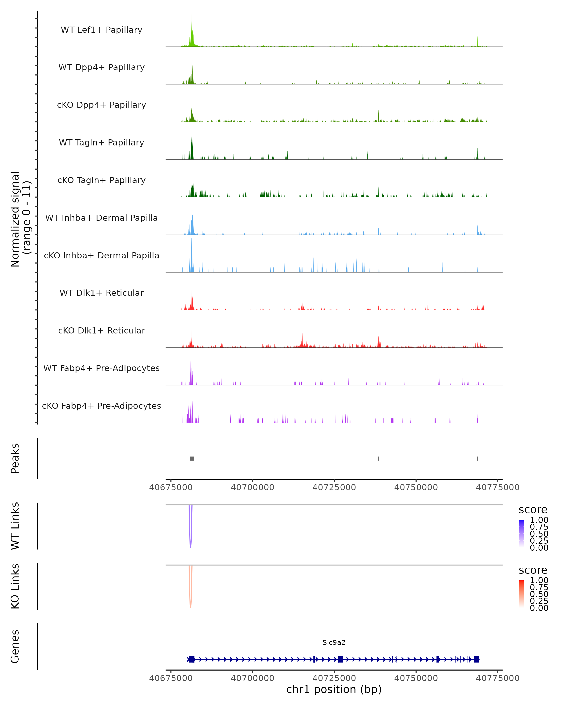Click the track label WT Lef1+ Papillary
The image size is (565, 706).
[x=101, y=30]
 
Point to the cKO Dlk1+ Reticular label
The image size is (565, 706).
[x=101, y=330]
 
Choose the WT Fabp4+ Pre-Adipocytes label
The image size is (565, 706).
[x=101, y=368]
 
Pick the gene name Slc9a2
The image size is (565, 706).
[x=334, y=642]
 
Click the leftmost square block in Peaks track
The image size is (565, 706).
[x=192, y=458]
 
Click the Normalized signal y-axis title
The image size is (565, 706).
[x=20, y=219]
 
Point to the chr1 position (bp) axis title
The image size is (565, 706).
[x=334, y=689]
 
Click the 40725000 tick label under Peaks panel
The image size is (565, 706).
[x=334, y=487]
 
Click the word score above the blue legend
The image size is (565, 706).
[x=533, y=510]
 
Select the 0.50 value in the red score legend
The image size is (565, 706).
[x=539, y=594]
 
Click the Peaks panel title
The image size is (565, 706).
[x=15, y=458]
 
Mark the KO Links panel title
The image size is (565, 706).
[x=15, y=586]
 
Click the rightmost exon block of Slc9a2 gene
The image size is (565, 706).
[x=476, y=659]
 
